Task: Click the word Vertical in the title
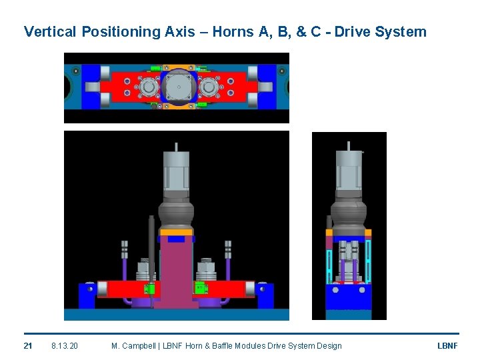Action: click(x=50, y=31)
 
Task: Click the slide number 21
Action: click(x=28, y=346)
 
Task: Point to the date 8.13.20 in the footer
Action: click(x=65, y=346)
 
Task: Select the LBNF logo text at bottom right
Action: click(x=447, y=346)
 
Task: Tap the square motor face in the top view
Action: click(x=179, y=87)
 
